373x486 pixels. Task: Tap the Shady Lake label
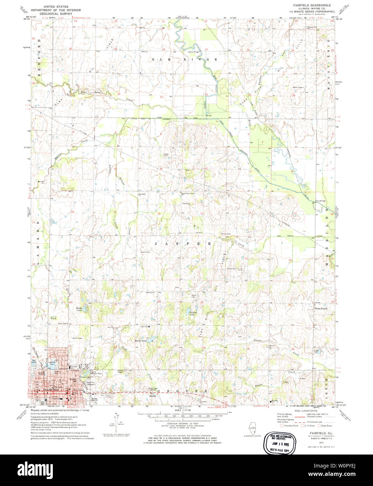[x=79, y=309]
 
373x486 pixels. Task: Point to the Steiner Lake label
[x=140, y=341]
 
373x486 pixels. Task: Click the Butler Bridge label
[x=193, y=52]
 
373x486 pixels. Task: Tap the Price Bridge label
[x=320, y=201]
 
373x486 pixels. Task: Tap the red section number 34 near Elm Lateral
[x=206, y=94]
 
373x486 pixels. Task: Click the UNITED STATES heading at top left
[x=54, y=7]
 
